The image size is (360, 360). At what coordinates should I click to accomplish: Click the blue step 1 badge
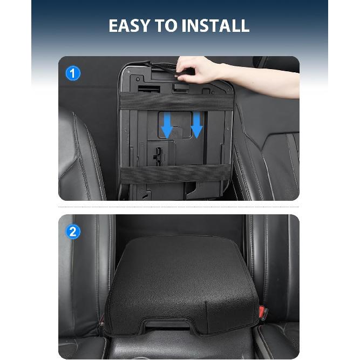click(x=72, y=73)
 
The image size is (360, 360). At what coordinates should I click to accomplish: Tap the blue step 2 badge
click(x=72, y=232)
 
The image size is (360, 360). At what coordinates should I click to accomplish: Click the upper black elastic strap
click(x=176, y=101)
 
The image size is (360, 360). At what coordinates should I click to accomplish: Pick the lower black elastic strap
click(x=176, y=173)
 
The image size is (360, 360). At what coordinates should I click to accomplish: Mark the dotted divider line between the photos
click(x=179, y=207)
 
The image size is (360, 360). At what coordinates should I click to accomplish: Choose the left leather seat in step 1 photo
click(x=84, y=157)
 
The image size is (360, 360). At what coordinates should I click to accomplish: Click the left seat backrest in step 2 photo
click(x=86, y=270)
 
